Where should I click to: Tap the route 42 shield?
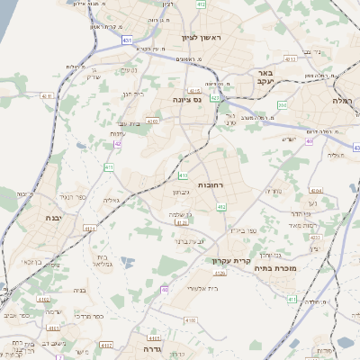pos(118,143)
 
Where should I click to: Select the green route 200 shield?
pos(282,104)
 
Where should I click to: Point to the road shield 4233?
pos(313,238)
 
